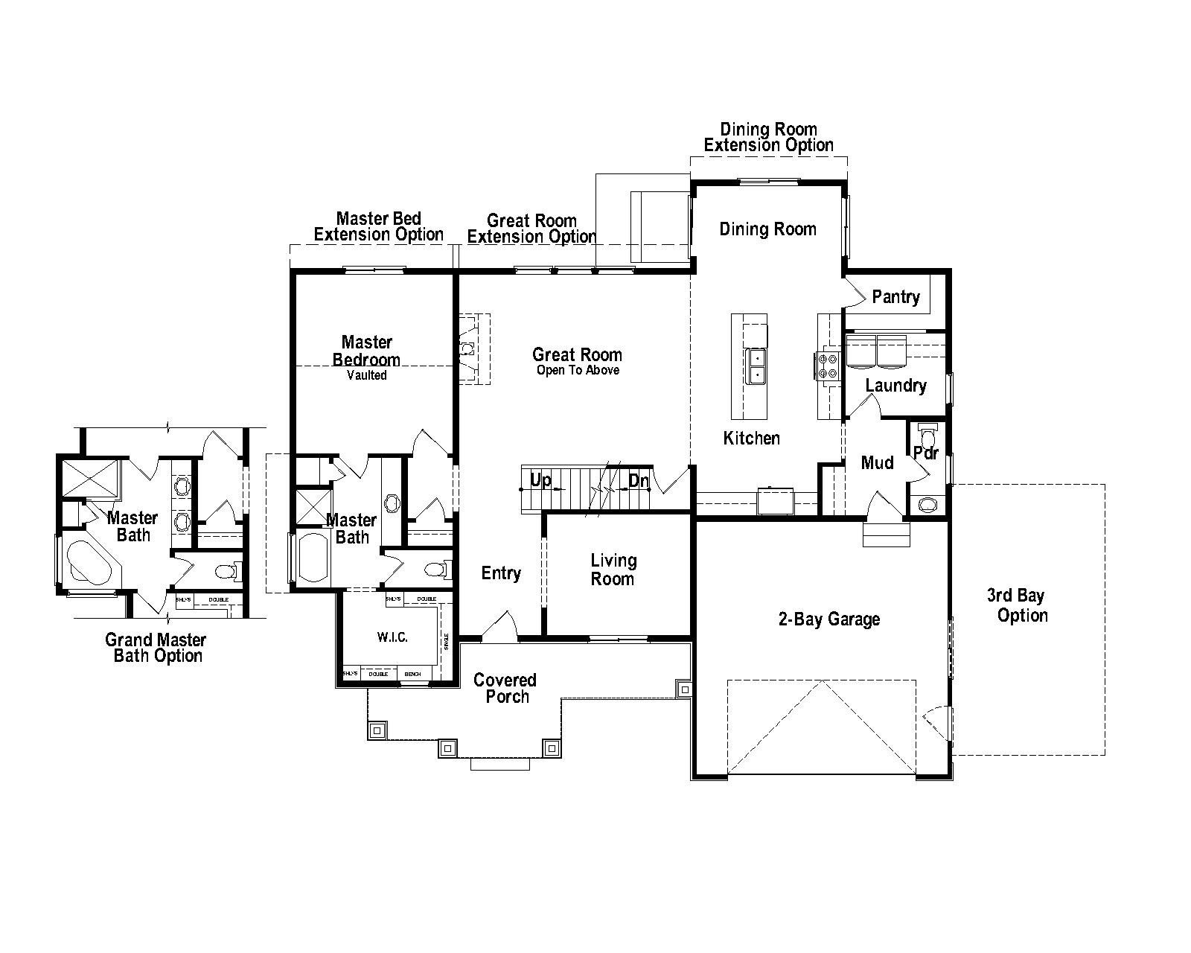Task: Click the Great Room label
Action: tap(577, 354)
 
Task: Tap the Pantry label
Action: tap(895, 297)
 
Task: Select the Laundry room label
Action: tap(895, 386)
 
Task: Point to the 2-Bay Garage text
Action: tap(829, 619)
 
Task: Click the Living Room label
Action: tap(613, 570)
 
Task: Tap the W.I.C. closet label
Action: tap(392, 638)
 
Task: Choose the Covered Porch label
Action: tap(505, 688)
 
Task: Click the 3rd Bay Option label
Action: tap(1022, 605)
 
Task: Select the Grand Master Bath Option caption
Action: tap(156, 648)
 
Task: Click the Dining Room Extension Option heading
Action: tap(768, 138)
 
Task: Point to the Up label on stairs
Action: tap(541, 480)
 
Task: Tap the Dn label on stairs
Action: tap(639, 481)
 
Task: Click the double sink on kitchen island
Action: tap(756, 366)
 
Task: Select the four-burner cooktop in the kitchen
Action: tap(828, 366)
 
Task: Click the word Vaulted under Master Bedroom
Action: tap(367, 375)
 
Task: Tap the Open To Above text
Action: tap(578, 371)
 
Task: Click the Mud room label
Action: tap(877, 463)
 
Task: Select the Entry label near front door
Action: tap(501, 573)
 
